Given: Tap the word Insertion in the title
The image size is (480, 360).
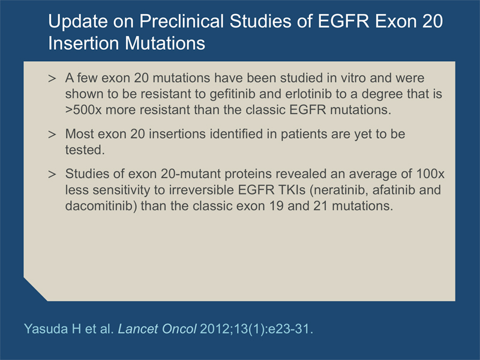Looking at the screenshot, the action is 84,43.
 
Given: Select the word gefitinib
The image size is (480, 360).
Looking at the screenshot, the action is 232,94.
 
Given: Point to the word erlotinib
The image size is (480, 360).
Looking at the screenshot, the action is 308,94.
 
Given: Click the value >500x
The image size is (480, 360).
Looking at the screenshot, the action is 83,110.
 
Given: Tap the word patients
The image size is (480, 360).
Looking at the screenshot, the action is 304,134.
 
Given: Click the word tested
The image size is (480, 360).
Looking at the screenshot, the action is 85,150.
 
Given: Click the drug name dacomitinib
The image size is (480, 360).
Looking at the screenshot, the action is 101,206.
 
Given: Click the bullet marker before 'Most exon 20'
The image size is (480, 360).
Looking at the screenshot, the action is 52,134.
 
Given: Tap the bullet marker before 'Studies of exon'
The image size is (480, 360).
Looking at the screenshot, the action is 52,174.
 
